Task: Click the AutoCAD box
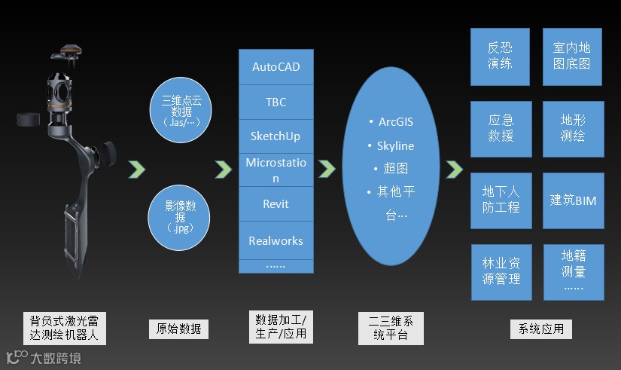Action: (x=275, y=67)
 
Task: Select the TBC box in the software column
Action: (x=275, y=102)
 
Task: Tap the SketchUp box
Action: (x=275, y=136)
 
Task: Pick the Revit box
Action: (x=275, y=204)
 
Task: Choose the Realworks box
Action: (x=275, y=241)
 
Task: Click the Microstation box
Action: (x=275, y=170)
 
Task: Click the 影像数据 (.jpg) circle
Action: (x=181, y=213)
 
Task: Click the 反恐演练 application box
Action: (x=501, y=56)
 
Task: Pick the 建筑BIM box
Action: (x=573, y=200)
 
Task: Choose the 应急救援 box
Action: (x=501, y=128)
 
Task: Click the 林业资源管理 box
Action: (x=501, y=271)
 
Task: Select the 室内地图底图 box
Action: (x=573, y=56)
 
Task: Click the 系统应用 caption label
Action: (x=541, y=329)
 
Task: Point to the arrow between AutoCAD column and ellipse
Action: (x=326, y=170)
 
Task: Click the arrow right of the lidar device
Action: (x=135, y=170)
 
